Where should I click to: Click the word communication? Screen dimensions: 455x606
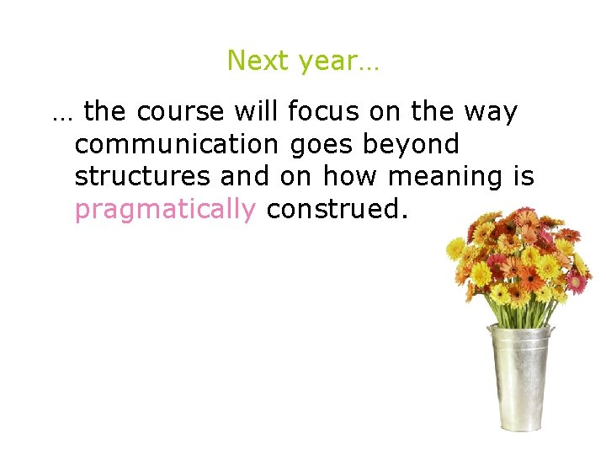176,144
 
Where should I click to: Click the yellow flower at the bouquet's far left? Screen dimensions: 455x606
455,248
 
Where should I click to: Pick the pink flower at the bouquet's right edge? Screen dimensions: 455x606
577,281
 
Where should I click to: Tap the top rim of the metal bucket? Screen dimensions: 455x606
521,331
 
